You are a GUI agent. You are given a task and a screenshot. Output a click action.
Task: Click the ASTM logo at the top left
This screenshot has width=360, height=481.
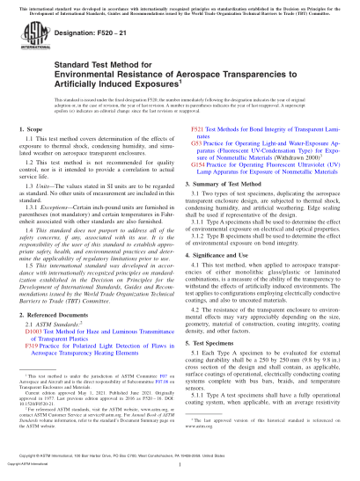[30, 41]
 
